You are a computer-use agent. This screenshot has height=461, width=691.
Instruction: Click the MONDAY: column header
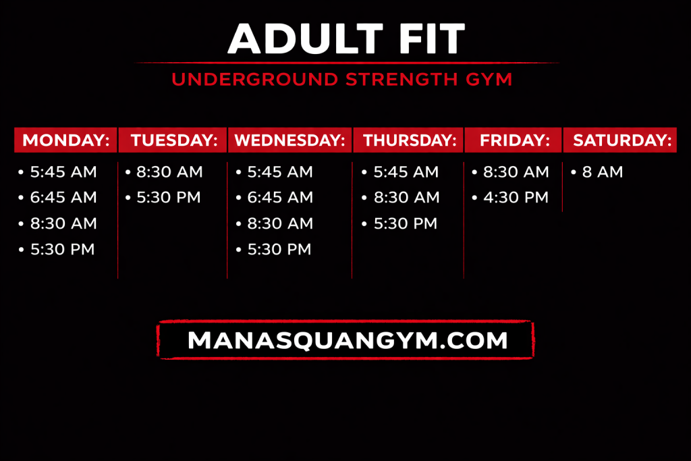(x=65, y=140)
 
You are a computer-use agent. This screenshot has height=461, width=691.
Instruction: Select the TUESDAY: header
(x=173, y=140)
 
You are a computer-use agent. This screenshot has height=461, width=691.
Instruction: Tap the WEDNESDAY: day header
(x=289, y=140)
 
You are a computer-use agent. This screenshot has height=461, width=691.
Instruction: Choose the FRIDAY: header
(x=514, y=140)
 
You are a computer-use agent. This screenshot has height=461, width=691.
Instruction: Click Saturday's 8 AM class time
(x=603, y=172)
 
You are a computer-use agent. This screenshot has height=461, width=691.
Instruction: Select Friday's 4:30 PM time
(x=516, y=198)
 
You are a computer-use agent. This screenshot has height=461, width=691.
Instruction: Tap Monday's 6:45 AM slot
(x=63, y=198)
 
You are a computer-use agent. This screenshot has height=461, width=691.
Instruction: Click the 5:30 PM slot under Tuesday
(x=169, y=198)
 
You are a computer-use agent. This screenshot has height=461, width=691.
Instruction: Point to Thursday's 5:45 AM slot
(x=406, y=172)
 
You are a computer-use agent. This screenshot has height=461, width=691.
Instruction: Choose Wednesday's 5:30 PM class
(x=279, y=250)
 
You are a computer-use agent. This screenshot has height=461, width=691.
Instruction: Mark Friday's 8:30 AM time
(x=516, y=172)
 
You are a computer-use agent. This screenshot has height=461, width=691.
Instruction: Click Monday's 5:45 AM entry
(x=63, y=172)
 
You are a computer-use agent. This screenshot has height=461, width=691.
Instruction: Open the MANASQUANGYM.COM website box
(x=345, y=340)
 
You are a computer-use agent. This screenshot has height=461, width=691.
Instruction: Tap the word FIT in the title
(x=433, y=38)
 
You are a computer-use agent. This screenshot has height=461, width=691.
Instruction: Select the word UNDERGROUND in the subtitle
(x=255, y=80)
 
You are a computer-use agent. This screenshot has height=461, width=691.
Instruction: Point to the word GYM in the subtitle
(x=489, y=80)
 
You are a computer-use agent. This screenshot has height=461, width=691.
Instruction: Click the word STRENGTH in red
(x=402, y=80)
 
